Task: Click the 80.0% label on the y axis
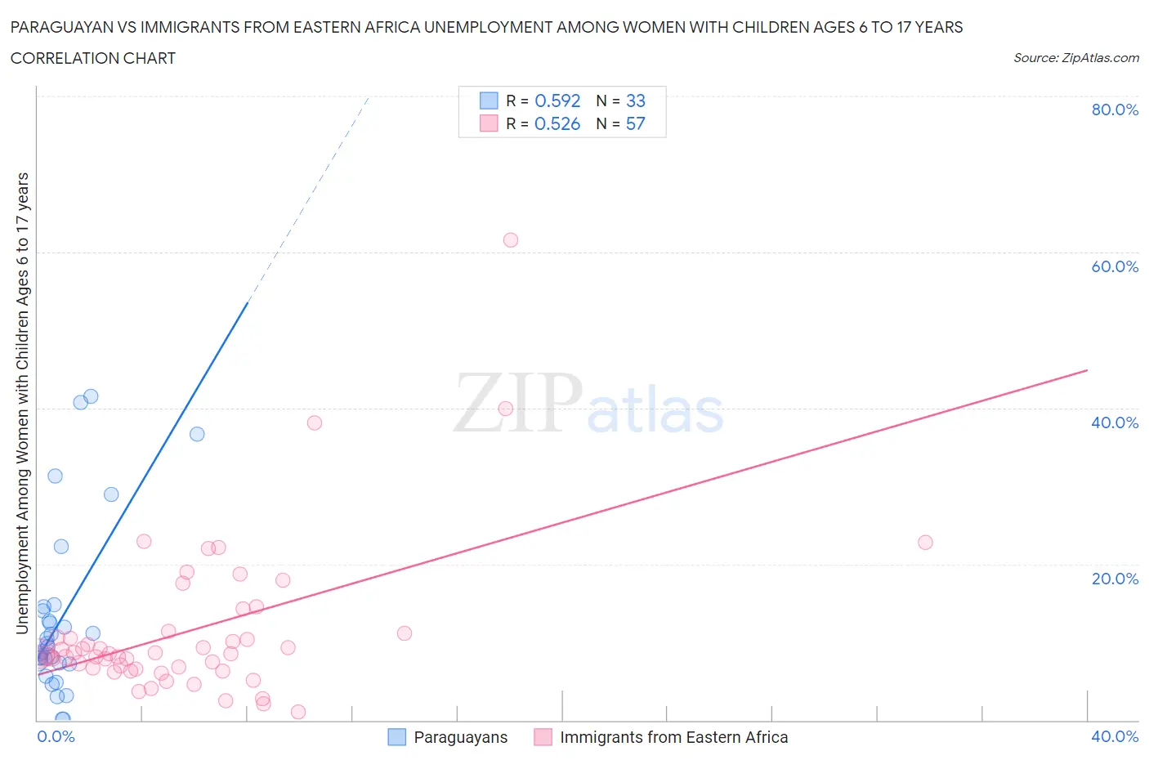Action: pyautogui.click(x=1115, y=110)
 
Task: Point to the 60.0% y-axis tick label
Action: pyautogui.click(x=1115, y=266)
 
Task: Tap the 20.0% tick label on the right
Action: pyautogui.click(x=1115, y=579)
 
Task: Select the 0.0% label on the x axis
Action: pyautogui.click(x=56, y=736)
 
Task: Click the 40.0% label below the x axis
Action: pyautogui.click(x=1115, y=736)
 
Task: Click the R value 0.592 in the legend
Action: pyautogui.click(x=557, y=101)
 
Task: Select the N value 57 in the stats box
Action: pyautogui.click(x=635, y=123)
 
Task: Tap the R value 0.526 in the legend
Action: pyautogui.click(x=557, y=123)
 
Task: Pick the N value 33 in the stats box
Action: pyautogui.click(x=635, y=101)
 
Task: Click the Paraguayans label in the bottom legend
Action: pyautogui.click(x=460, y=737)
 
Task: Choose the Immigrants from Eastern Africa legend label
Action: pyautogui.click(x=673, y=737)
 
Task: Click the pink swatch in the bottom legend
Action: pyautogui.click(x=543, y=737)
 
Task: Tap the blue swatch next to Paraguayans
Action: pyautogui.click(x=396, y=737)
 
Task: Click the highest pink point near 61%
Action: pyautogui.click(x=511, y=240)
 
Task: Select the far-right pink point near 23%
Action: pyautogui.click(x=925, y=543)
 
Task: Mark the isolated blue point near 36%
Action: pyautogui.click(x=197, y=434)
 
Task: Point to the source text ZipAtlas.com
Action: pyautogui.click(x=1100, y=58)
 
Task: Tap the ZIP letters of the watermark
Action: pyautogui.click(x=518, y=402)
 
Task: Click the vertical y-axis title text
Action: pyautogui.click(x=23, y=403)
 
